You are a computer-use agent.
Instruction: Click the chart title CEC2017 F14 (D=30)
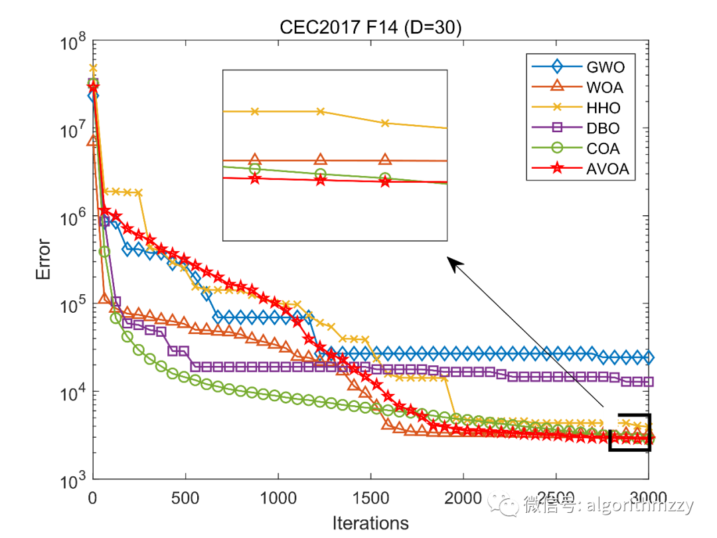click(x=371, y=29)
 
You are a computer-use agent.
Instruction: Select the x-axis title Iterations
click(x=370, y=523)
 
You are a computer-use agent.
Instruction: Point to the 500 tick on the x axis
click(x=185, y=497)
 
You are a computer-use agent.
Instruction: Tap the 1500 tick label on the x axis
click(x=370, y=497)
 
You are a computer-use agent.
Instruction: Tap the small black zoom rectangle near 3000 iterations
click(x=629, y=432)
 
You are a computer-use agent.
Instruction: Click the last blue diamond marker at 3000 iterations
click(x=649, y=358)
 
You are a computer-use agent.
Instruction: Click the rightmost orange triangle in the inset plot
click(x=385, y=159)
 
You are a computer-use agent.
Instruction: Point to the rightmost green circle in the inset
click(x=385, y=178)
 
